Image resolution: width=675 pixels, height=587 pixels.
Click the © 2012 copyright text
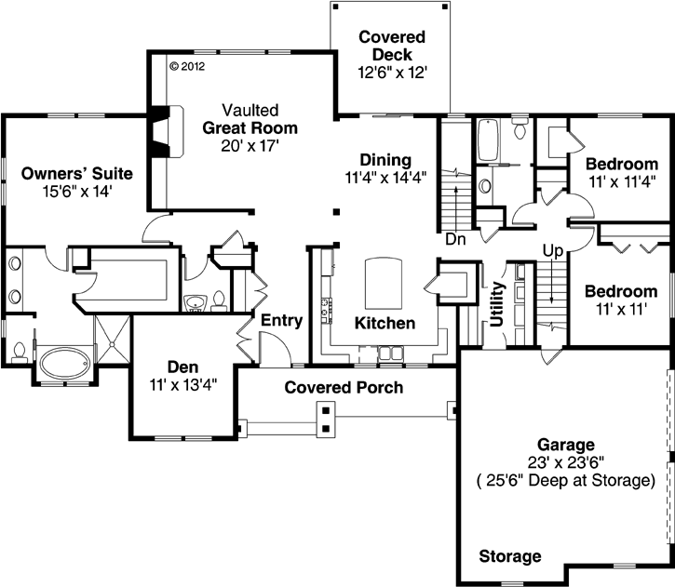tap(187, 66)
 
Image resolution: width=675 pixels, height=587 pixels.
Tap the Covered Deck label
tap(392, 46)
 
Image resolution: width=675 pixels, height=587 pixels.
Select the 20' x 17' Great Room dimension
tap(250, 146)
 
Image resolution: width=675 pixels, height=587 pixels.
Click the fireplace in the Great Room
tap(166, 131)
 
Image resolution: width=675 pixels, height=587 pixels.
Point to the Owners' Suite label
tap(77, 173)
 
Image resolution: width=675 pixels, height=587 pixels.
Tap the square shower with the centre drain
tap(112, 342)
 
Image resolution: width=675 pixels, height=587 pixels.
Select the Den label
tap(183, 367)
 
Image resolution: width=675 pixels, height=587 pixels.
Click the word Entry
tap(281, 320)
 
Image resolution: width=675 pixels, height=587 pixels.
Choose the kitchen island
tap(384, 283)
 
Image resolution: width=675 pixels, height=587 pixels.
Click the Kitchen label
tap(385, 323)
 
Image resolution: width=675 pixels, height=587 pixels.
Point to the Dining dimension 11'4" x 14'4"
tap(385, 177)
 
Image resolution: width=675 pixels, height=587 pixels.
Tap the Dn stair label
tap(455, 239)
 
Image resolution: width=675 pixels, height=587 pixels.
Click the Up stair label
tap(553, 251)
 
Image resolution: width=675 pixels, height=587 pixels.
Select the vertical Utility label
tap(496, 304)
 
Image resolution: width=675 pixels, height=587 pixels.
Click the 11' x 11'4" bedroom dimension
tap(622, 181)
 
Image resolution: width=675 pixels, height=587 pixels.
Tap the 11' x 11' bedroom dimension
tap(621, 309)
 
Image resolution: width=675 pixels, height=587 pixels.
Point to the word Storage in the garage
tap(510, 556)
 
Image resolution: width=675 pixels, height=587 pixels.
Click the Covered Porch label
tap(344, 388)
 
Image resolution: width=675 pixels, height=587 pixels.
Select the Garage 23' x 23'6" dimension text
tap(566, 462)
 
